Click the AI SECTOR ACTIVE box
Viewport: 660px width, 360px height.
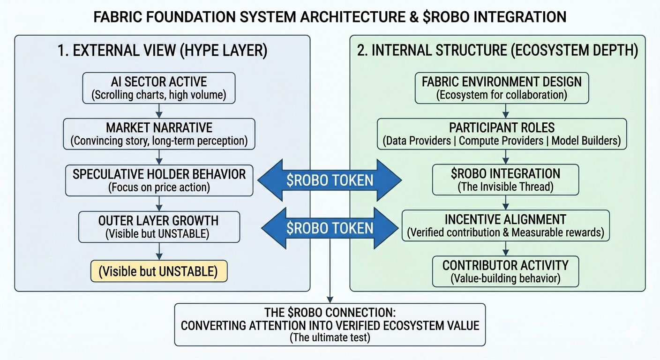tap(159, 88)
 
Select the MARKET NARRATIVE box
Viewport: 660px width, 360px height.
tap(159, 134)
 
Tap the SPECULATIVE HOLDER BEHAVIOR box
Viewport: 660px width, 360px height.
tap(159, 180)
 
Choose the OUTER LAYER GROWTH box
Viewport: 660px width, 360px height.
tap(159, 227)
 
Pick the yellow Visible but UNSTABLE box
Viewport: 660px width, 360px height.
tap(159, 271)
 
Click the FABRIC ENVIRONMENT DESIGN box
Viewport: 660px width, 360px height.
tap(502, 88)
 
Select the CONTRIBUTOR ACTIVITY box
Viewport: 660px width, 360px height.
tap(505, 271)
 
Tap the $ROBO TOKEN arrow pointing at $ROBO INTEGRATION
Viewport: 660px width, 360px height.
tap(330, 180)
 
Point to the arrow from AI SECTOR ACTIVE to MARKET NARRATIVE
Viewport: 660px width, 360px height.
tap(159, 111)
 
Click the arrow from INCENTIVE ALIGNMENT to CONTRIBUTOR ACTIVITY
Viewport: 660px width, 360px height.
tap(506, 248)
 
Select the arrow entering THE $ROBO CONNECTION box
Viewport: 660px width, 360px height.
tap(330, 295)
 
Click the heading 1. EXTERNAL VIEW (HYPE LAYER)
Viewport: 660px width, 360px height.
tap(162, 51)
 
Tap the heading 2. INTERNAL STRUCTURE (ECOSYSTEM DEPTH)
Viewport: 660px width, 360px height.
tap(497, 51)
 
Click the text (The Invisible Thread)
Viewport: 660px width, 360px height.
tap(506, 187)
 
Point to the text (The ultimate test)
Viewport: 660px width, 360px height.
tap(330, 337)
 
